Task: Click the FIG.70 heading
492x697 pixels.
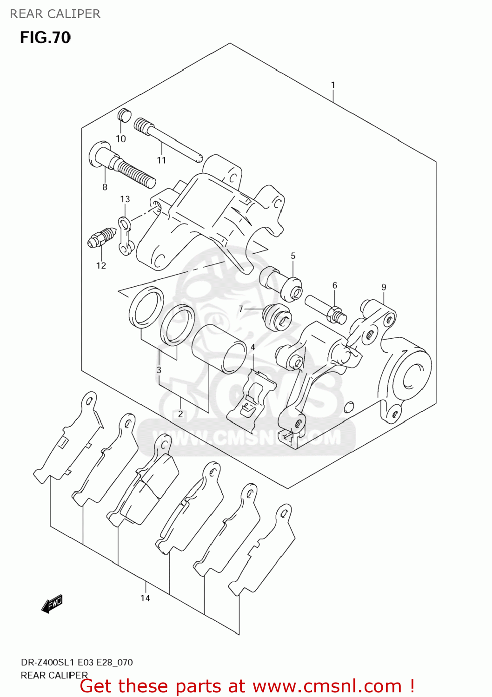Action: coord(45,37)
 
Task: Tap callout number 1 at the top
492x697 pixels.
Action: coord(333,85)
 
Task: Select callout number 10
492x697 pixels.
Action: coord(121,138)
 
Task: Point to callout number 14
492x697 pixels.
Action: coord(145,598)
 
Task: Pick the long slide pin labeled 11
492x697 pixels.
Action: coord(167,140)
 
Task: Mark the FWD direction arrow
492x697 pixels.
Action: coord(52,604)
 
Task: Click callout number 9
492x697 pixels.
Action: coord(384,287)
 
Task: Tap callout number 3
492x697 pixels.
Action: coord(159,370)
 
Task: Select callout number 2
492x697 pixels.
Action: coord(180,414)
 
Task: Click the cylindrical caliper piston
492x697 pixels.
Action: coord(219,348)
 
